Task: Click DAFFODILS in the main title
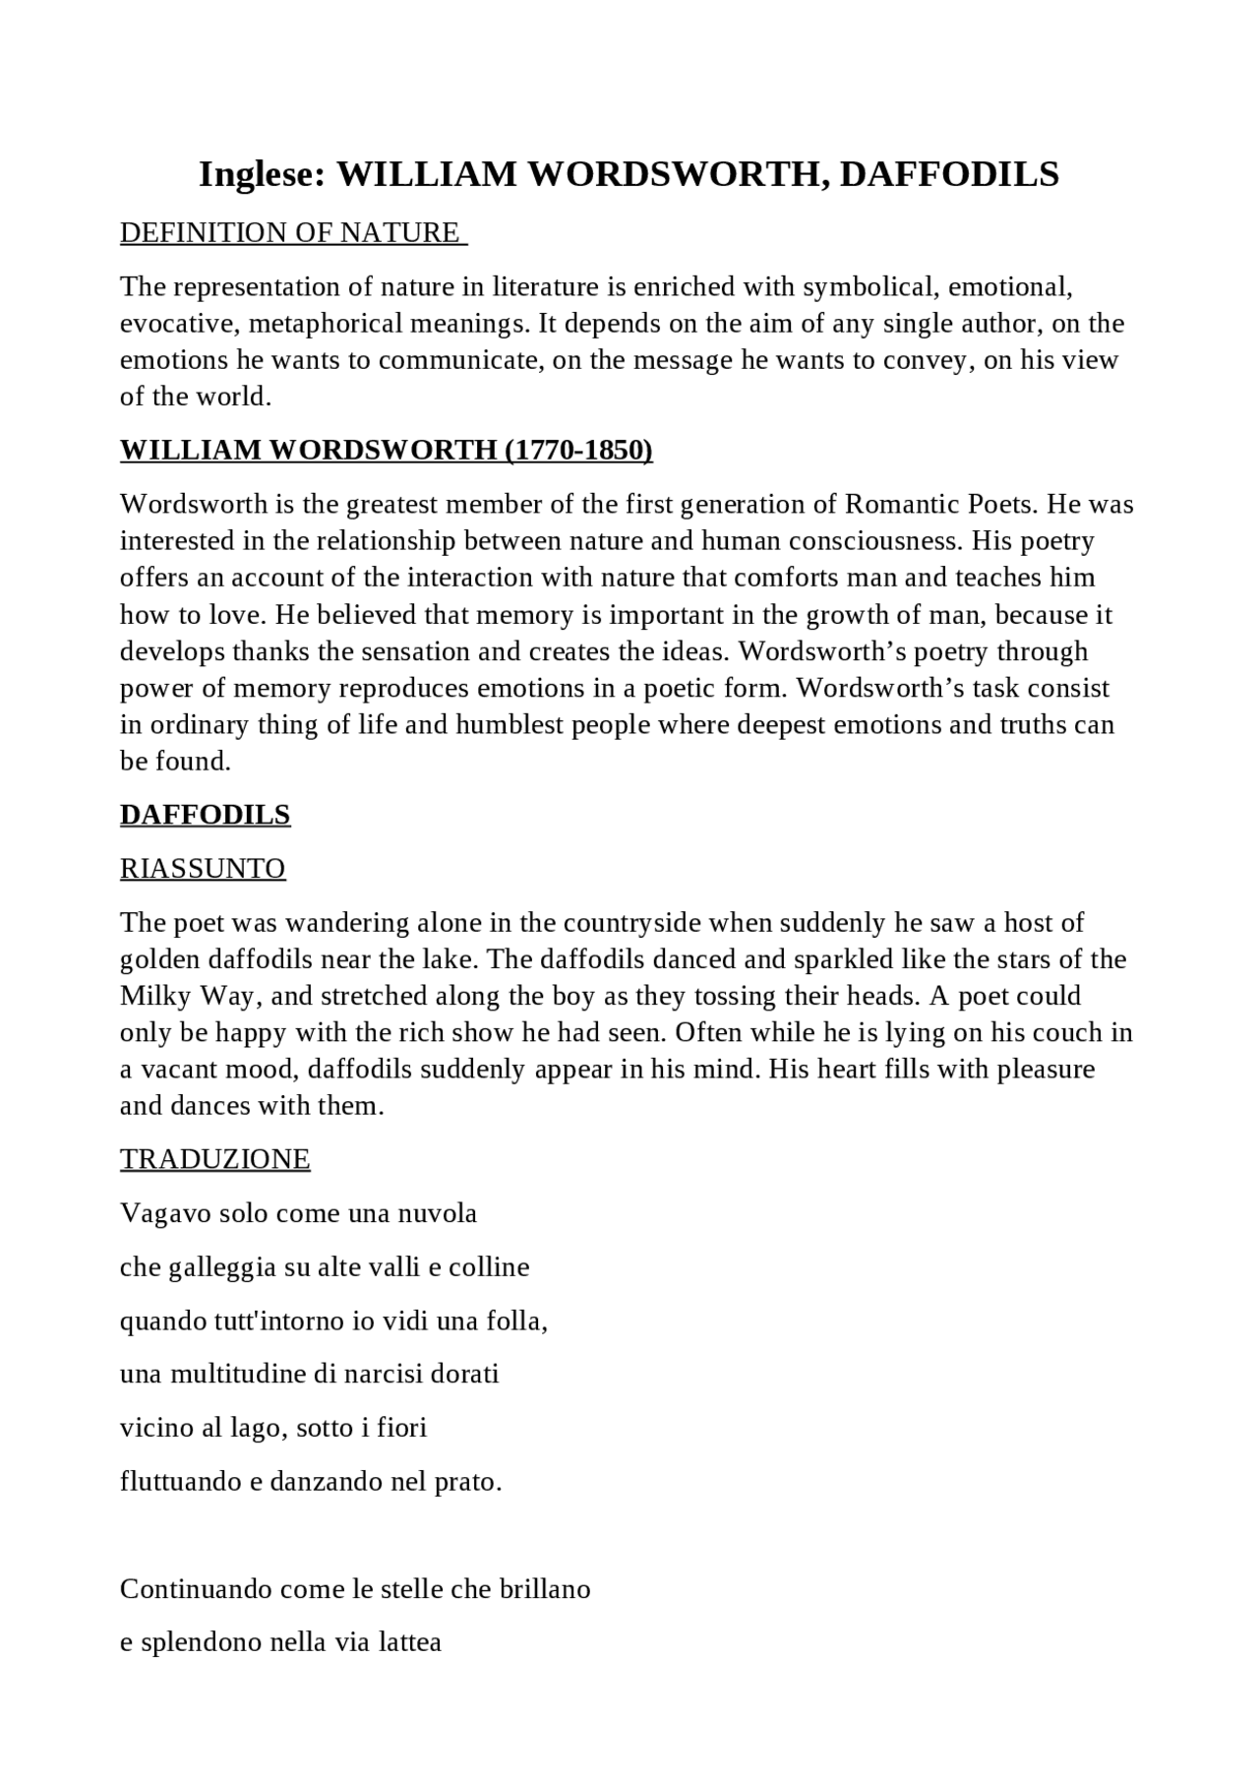point(949,174)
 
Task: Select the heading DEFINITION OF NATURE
point(289,232)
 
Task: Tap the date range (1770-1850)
point(578,450)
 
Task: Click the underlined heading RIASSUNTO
point(203,868)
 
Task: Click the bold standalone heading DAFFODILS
point(205,815)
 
